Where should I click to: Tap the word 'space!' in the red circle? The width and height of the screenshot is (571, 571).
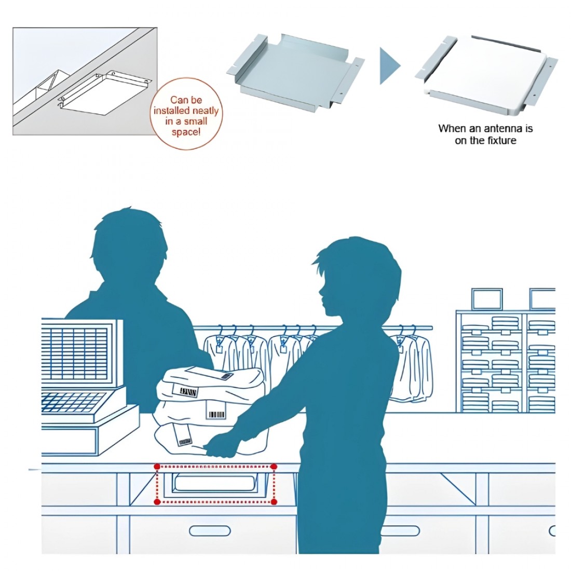[186, 132]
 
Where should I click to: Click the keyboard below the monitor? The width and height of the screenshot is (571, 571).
[73, 402]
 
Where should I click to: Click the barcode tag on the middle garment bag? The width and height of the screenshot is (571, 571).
[216, 415]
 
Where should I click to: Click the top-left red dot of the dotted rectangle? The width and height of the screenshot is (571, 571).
[157, 467]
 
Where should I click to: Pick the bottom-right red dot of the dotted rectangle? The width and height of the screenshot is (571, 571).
[275, 502]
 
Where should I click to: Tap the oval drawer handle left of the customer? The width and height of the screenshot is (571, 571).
[210, 531]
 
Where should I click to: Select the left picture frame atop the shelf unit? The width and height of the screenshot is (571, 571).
[486, 299]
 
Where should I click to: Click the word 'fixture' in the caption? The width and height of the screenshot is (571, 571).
[499, 141]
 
